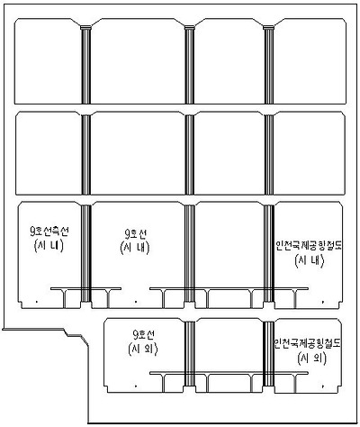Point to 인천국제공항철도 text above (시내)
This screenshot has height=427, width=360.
(308, 245)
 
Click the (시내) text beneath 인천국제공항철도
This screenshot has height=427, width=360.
(308, 260)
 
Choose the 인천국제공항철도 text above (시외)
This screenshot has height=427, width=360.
(308, 344)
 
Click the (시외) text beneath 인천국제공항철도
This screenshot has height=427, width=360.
(308, 359)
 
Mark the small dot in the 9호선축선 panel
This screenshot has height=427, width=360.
(34, 300)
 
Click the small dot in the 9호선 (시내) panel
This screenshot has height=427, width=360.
(135, 300)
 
